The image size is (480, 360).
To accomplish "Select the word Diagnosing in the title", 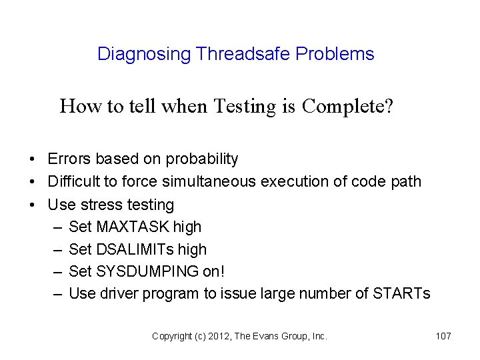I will (144, 54).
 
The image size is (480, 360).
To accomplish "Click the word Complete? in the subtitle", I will (347, 106).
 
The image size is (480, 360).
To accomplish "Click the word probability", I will (202, 159).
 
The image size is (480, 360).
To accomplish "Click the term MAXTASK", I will (133, 227).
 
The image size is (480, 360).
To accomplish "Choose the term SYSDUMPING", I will (147, 271).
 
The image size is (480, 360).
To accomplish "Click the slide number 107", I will (443, 337).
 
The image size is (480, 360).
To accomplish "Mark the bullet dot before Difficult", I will (32, 182).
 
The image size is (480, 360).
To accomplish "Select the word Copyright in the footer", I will (171, 337).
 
